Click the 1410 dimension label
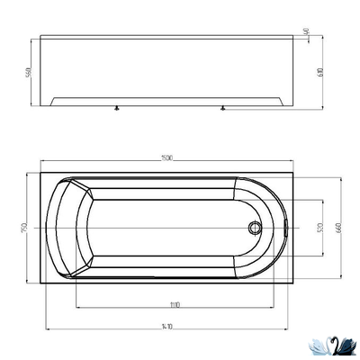point(167,328)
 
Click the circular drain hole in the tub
point(255,227)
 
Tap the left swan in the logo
point(319,344)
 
